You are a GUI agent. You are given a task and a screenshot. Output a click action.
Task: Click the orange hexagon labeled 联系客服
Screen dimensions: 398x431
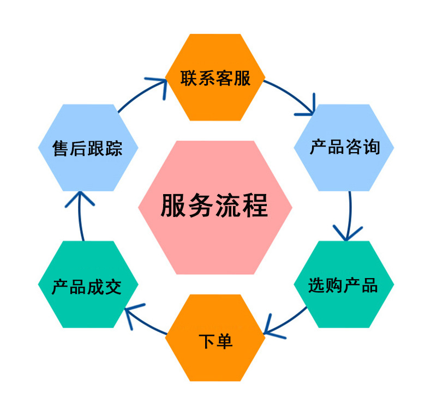pos(215,77)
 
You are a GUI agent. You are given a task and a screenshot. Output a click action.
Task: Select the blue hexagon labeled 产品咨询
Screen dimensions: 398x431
pos(344,147)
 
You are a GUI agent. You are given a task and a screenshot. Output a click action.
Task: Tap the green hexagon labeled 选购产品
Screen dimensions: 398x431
pos(344,285)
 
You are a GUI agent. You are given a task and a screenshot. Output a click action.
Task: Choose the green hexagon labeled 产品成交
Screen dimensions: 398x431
pos(87,285)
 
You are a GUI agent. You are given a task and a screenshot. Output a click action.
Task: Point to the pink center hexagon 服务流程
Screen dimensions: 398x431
pos(215,207)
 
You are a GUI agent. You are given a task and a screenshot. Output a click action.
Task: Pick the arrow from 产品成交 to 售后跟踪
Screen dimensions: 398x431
pos(80,215)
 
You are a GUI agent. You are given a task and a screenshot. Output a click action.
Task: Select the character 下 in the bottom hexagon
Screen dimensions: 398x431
pos(205,341)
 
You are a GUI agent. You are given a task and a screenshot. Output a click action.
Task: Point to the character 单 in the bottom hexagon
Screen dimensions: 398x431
pos(224,341)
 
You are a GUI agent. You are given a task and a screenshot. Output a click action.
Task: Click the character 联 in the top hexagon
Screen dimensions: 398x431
pos(189,78)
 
